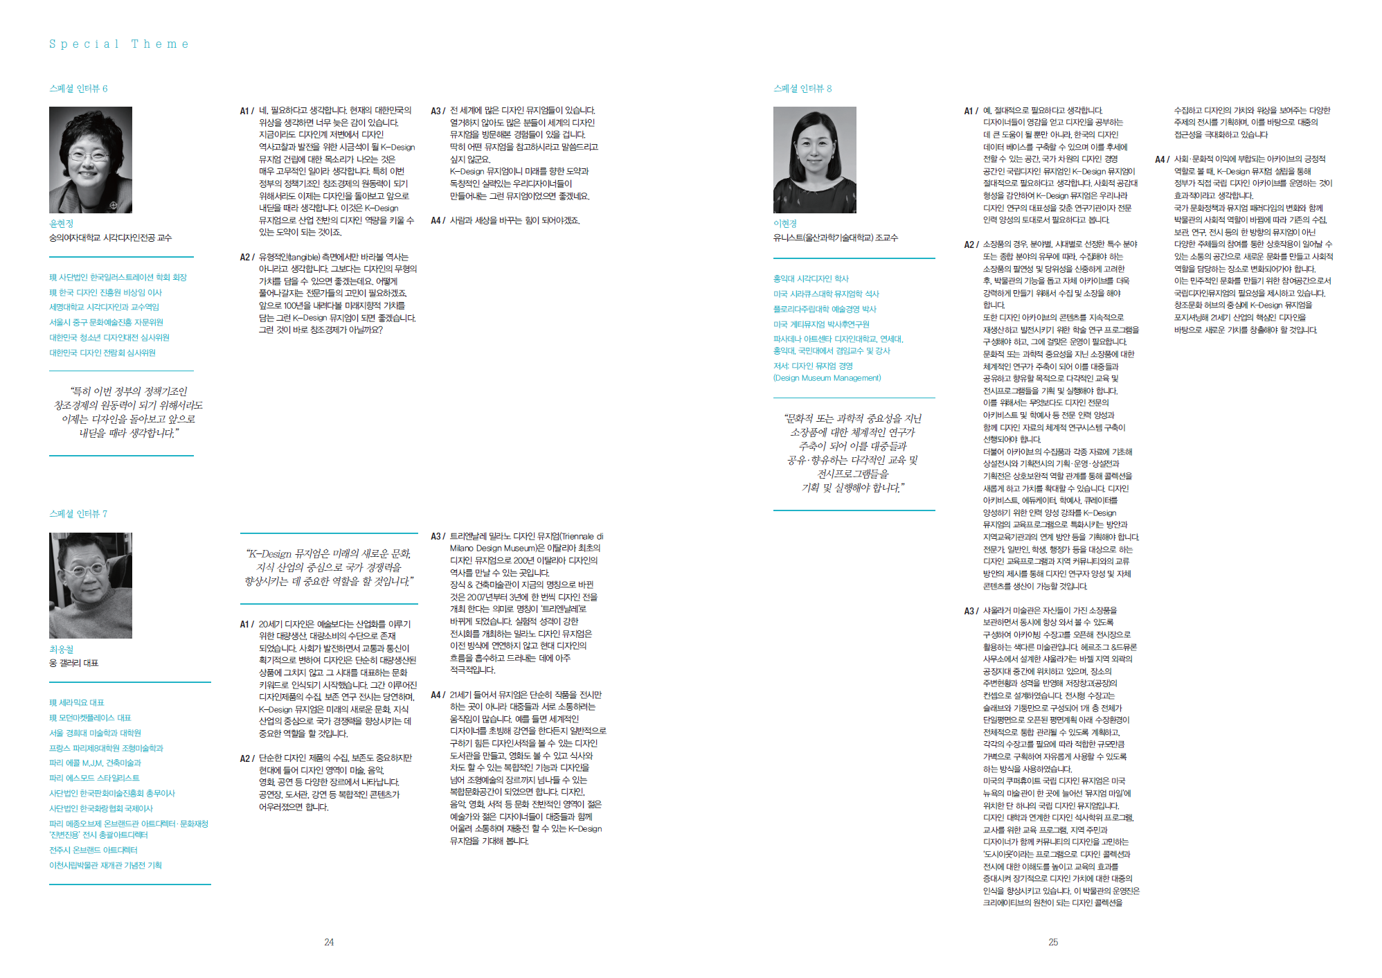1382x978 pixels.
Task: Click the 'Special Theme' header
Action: pos(118,44)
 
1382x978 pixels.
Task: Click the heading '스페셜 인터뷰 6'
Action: pos(78,89)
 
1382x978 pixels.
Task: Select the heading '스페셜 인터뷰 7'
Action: pos(78,514)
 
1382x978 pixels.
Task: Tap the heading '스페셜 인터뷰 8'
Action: pos(802,89)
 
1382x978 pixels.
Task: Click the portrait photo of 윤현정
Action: pos(90,159)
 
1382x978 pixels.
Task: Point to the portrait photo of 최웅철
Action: pos(90,585)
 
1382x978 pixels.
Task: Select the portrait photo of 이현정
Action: pos(814,159)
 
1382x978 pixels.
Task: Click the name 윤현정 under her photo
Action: pos(61,224)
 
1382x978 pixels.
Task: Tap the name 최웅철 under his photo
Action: pos(61,650)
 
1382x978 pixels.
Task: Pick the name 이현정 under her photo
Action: pos(785,224)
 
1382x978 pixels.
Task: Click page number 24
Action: pos(329,942)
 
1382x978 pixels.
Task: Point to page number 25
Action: pos(1053,942)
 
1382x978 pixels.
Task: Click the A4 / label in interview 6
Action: pos(438,221)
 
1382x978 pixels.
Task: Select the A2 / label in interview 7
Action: pos(247,758)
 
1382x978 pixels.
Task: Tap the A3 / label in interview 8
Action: pos(971,611)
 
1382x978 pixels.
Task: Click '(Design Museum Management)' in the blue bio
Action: pos(827,378)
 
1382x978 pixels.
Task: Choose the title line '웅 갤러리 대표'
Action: pos(73,664)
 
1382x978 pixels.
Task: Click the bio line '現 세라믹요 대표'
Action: pos(76,703)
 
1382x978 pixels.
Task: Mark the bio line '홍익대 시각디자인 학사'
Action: pos(811,279)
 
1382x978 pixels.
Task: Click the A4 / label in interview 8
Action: pos(1162,159)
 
